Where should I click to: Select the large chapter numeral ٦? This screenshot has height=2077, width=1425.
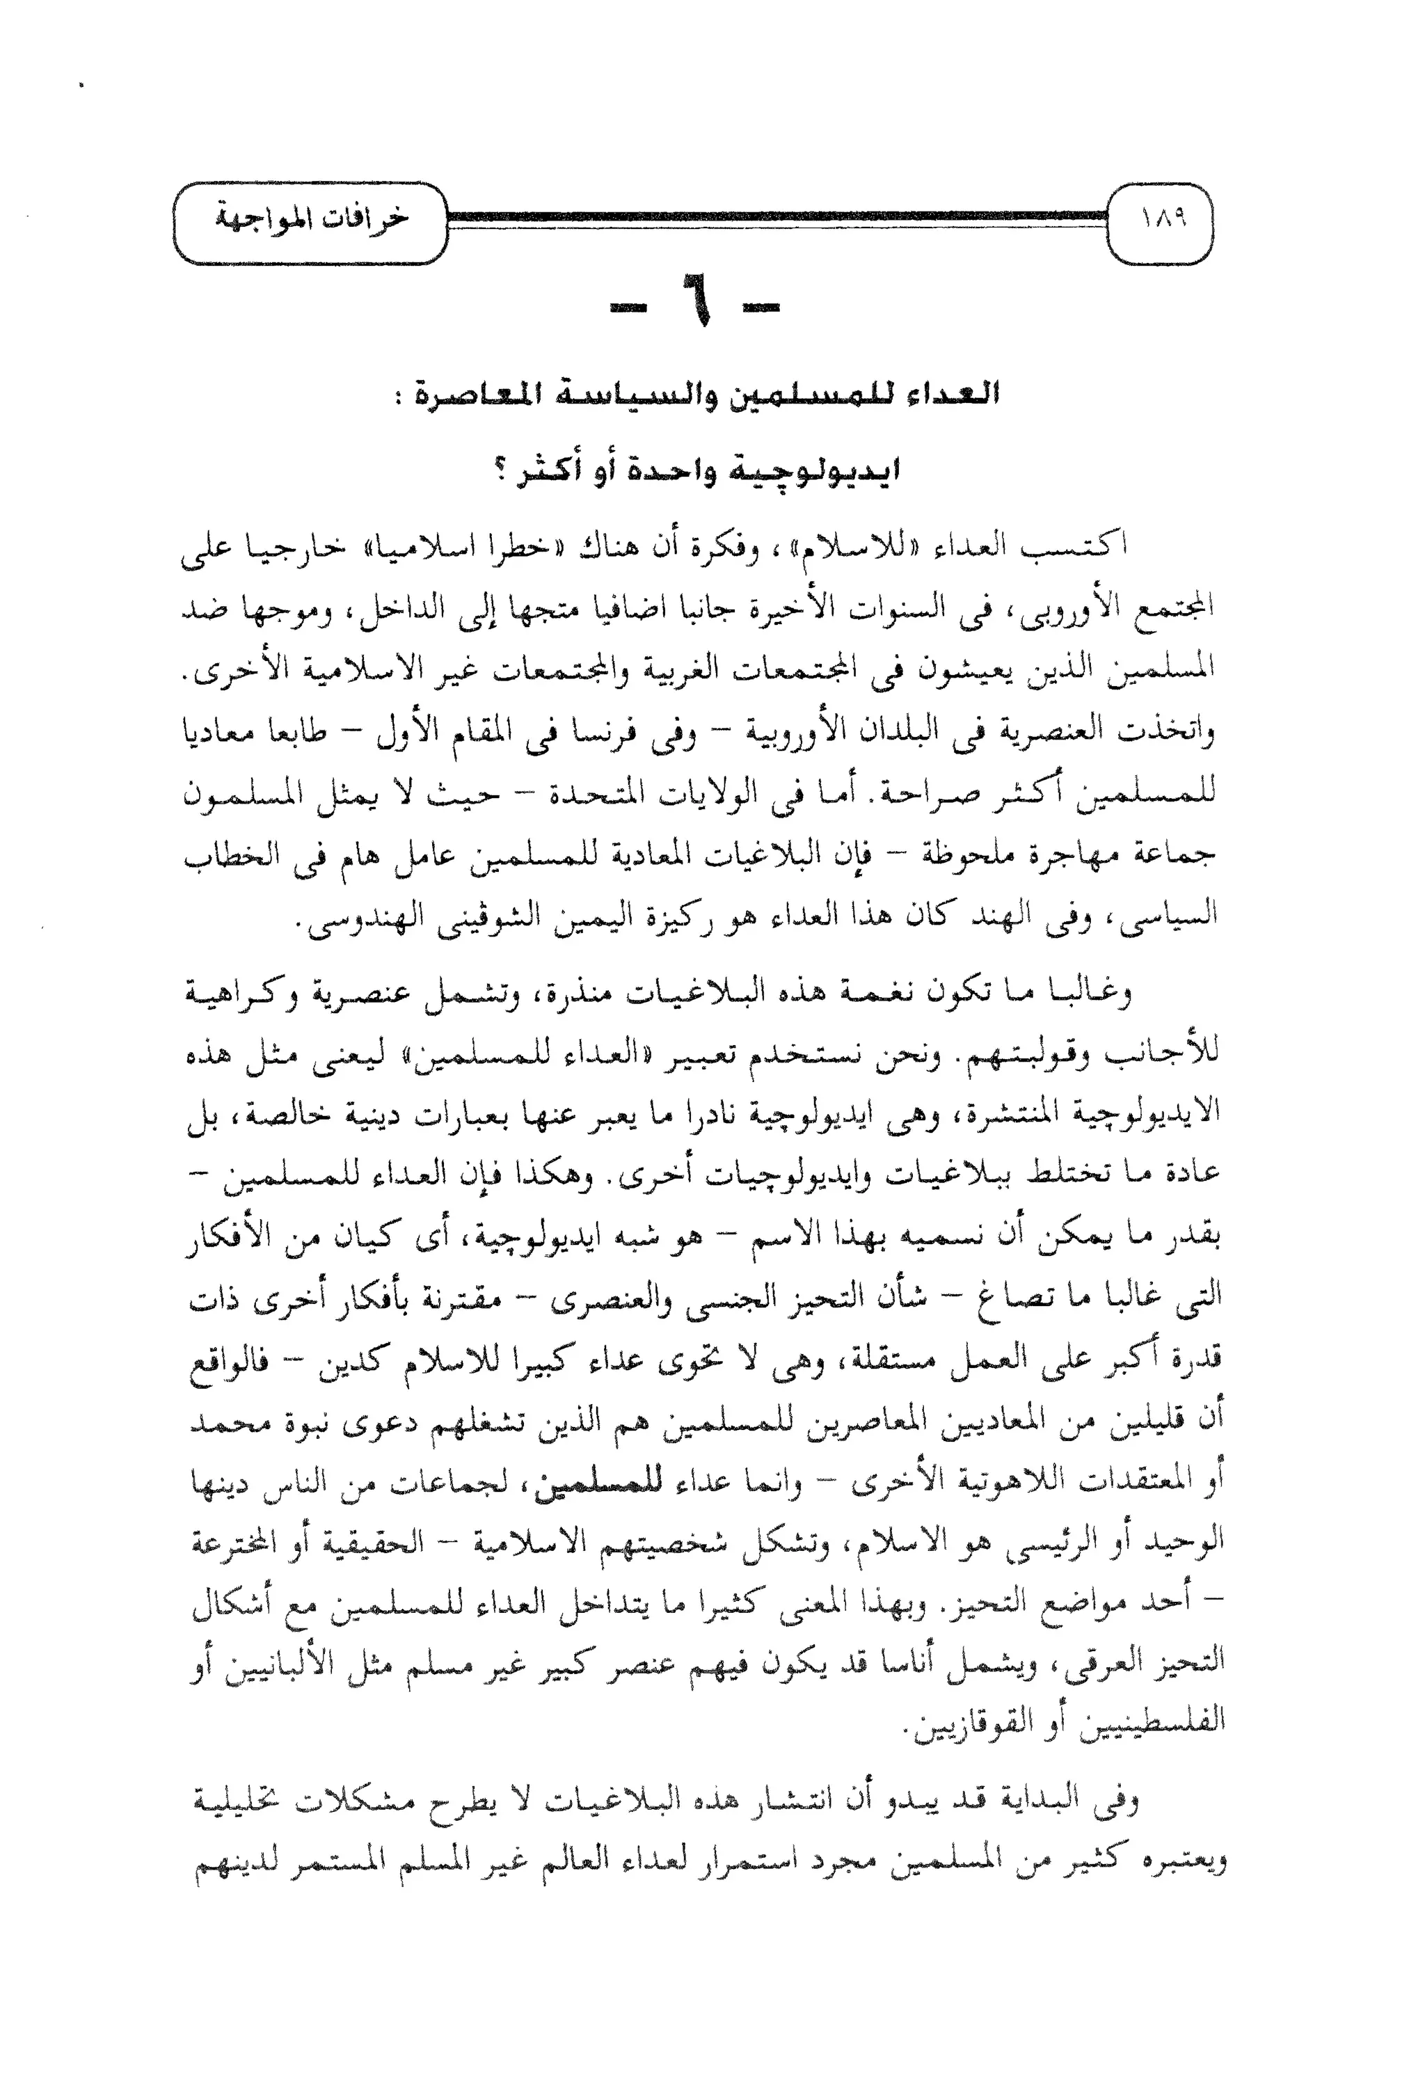pos(702,310)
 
